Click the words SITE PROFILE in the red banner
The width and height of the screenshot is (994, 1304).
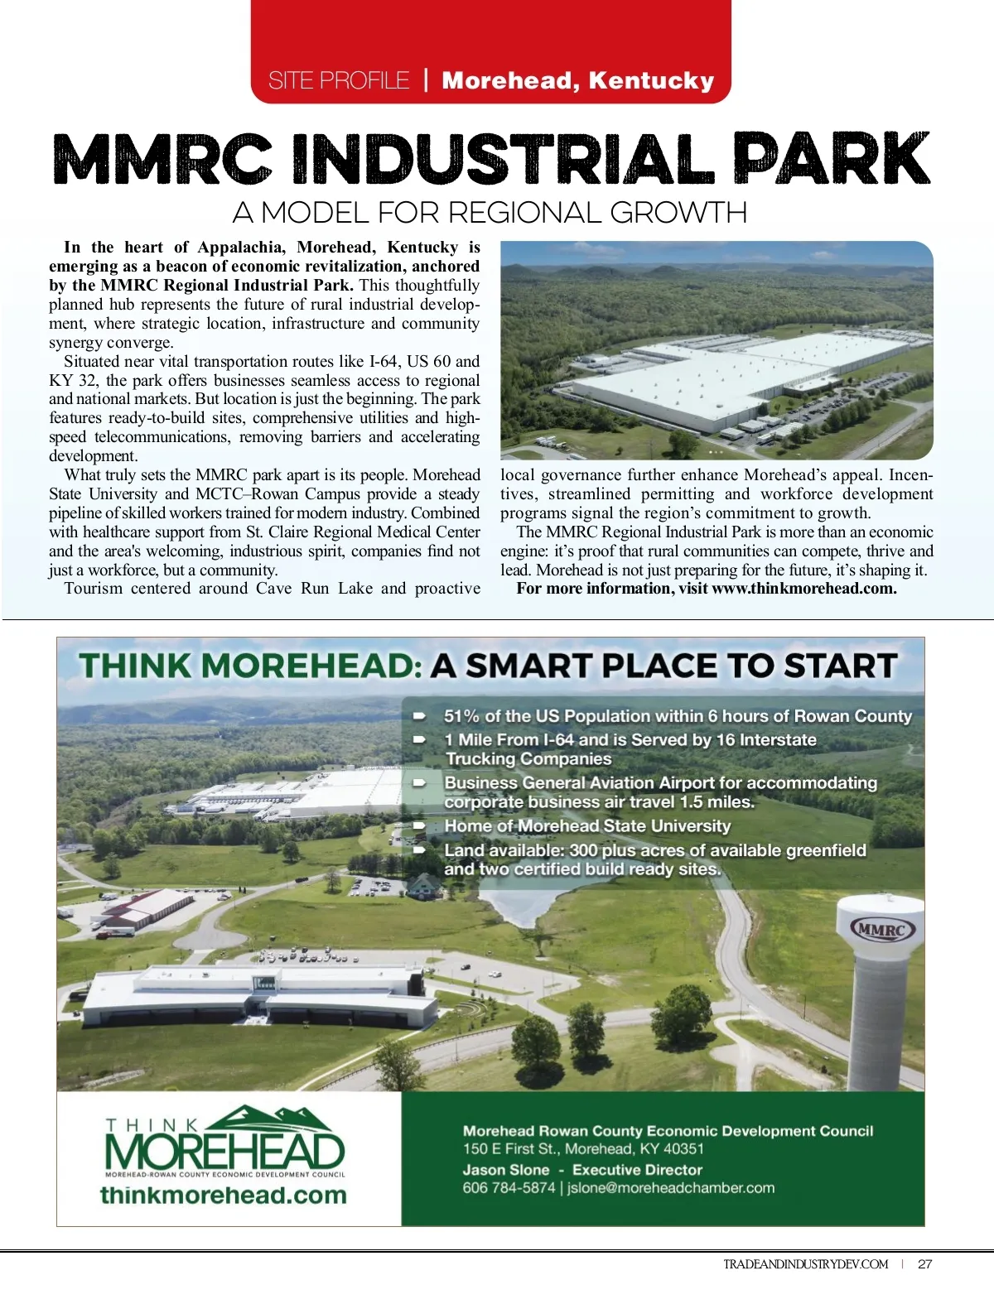(x=339, y=80)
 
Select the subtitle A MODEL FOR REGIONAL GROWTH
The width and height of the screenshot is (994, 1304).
(x=490, y=213)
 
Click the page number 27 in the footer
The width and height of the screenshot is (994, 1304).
(x=925, y=1264)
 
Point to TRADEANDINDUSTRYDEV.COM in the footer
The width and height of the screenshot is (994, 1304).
(x=805, y=1264)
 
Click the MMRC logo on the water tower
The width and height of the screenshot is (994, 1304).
(x=882, y=929)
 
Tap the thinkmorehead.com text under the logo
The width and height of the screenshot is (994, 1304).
(x=223, y=1196)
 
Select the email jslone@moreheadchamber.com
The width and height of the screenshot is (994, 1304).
(x=671, y=1188)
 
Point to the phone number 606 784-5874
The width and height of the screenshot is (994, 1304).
(x=509, y=1188)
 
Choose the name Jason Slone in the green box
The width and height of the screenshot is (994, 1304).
(x=506, y=1170)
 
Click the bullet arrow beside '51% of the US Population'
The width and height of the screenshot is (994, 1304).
(x=420, y=715)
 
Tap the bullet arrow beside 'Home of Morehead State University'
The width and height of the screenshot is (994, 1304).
(x=420, y=825)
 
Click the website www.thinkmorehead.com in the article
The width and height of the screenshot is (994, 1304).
(x=803, y=589)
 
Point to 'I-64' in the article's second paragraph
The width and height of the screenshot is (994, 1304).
(x=384, y=361)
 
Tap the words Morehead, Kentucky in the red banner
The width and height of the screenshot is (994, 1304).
(x=577, y=80)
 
